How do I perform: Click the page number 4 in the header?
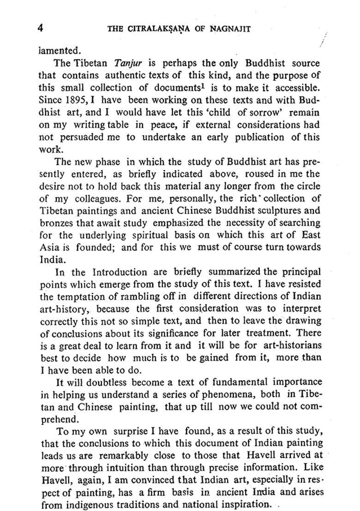(x=41, y=28)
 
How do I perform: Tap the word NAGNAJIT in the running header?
(x=230, y=29)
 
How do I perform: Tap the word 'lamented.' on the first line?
(x=60, y=50)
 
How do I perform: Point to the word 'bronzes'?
(x=55, y=224)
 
